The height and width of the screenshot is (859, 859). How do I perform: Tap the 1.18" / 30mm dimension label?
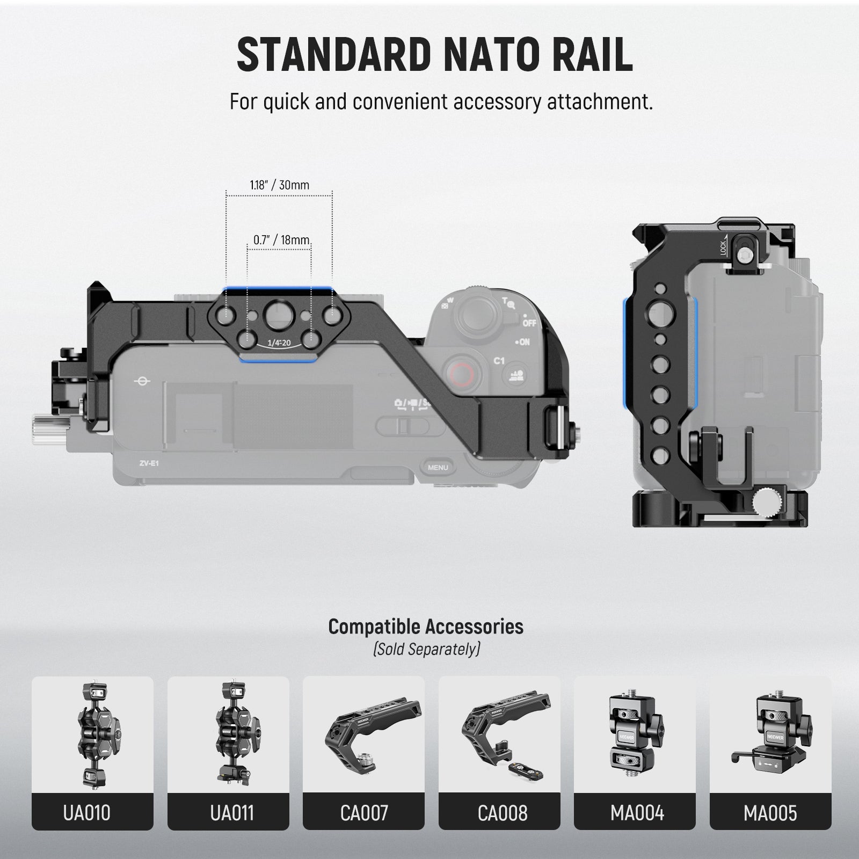tap(279, 185)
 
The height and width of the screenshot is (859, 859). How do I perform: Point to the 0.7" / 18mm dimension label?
tap(281, 239)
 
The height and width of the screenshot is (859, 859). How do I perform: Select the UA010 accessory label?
tap(86, 813)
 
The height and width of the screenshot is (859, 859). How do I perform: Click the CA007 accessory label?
tap(364, 813)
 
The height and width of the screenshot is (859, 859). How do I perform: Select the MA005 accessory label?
tap(770, 813)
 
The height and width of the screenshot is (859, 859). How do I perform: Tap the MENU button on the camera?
tap(438, 468)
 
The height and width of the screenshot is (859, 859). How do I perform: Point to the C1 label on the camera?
tap(499, 361)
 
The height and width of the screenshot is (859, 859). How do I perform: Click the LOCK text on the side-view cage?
tap(723, 247)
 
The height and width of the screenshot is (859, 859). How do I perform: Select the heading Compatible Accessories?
tap(426, 627)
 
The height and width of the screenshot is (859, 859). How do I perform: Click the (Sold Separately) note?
tap(426, 649)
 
